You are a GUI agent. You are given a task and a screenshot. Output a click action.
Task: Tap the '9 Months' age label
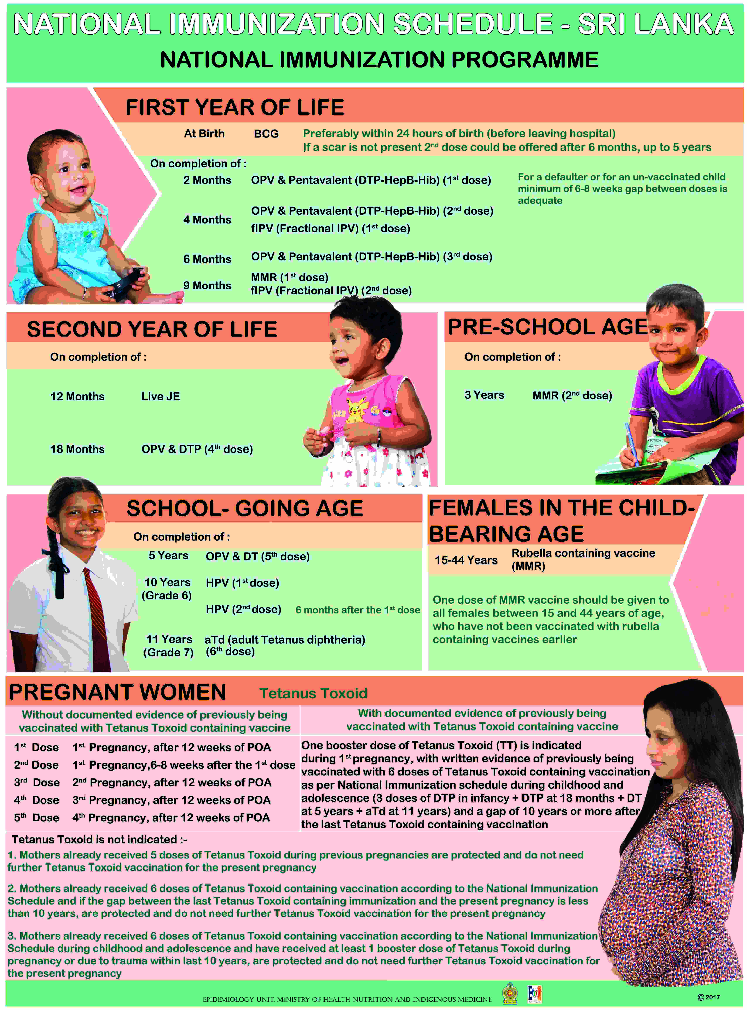click(x=207, y=286)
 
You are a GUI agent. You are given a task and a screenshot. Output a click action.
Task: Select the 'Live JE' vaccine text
click(x=161, y=396)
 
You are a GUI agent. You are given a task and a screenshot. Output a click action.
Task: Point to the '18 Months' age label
click(x=77, y=449)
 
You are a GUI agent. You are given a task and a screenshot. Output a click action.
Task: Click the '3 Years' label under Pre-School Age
click(x=484, y=395)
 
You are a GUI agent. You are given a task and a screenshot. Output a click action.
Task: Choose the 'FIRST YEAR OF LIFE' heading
click(x=235, y=108)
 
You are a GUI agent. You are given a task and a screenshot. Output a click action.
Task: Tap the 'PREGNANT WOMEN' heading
click(x=118, y=693)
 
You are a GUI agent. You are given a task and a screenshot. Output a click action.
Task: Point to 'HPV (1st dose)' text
click(x=242, y=583)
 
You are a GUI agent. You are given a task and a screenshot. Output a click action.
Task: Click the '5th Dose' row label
click(x=36, y=818)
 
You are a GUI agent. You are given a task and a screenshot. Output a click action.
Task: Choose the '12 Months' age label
click(x=77, y=396)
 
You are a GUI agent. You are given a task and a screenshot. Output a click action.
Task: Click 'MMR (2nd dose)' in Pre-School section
click(x=572, y=396)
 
